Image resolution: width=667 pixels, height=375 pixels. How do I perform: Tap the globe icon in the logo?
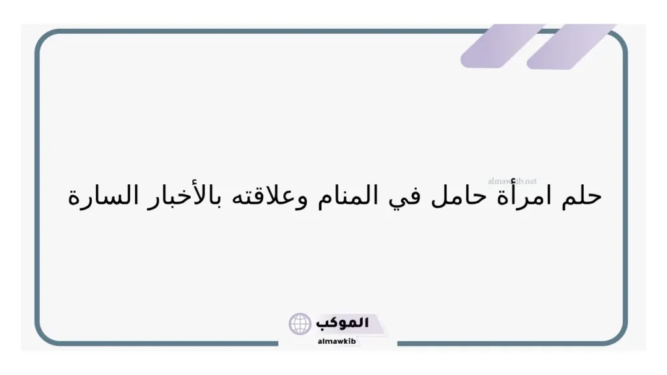tap(300, 324)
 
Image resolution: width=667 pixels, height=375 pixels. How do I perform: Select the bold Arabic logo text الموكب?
tap(342, 323)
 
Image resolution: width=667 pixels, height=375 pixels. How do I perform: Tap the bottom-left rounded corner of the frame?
tap(44, 335)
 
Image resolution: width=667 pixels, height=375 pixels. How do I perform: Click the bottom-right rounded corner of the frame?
tap(619, 335)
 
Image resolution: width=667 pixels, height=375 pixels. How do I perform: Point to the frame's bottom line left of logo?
tap(163, 343)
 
